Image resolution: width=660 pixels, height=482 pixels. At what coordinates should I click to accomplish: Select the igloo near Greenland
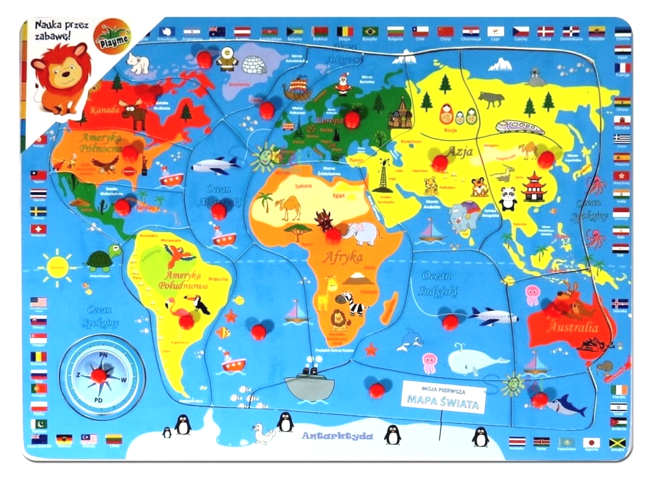click(x=255, y=63)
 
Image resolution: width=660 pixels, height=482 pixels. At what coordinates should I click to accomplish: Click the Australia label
click(x=571, y=327)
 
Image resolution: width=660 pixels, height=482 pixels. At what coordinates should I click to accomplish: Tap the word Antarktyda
click(x=337, y=436)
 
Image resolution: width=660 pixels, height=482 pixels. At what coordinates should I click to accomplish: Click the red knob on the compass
click(x=98, y=375)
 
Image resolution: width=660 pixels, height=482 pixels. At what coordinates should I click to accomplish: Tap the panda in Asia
click(x=508, y=198)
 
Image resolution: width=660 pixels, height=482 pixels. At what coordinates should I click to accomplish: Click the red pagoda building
click(x=534, y=187)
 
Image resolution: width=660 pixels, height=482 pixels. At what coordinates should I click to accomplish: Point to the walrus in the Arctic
click(x=535, y=77)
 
